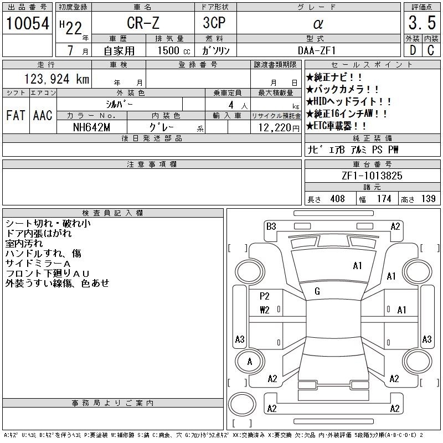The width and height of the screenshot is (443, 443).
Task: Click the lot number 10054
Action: click(27, 23)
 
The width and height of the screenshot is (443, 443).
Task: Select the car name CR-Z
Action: click(143, 23)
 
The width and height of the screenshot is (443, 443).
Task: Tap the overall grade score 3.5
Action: click(422, 23)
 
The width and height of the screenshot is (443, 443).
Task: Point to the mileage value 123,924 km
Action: click(57, 79)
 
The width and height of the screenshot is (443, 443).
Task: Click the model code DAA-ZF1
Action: click(317, 50)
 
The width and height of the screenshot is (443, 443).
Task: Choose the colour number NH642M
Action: click(91, 127)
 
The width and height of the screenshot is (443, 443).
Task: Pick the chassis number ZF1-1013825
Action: click(372, 176)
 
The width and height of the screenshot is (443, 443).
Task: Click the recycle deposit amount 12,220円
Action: click(279, 128)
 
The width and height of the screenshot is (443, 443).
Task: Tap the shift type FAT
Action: click(16, 115)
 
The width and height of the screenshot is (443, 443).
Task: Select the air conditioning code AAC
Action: click(43, 115)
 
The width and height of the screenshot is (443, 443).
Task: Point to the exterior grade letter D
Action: click(413, 50)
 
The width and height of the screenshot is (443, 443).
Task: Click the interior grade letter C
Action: click(431, 50)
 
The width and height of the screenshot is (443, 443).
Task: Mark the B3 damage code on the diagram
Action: click(271, 226)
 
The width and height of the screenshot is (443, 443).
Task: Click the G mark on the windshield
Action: click(317, 291)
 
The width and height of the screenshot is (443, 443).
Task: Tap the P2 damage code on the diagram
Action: click(265, 296)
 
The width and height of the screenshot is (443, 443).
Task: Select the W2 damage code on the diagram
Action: click(265, 310)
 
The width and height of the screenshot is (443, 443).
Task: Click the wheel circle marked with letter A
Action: click(250, 362)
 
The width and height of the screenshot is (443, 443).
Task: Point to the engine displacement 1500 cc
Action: click(174, 50)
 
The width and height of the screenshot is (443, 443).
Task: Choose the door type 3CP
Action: click(214, 23)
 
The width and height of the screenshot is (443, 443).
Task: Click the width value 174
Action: click(384, 199)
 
